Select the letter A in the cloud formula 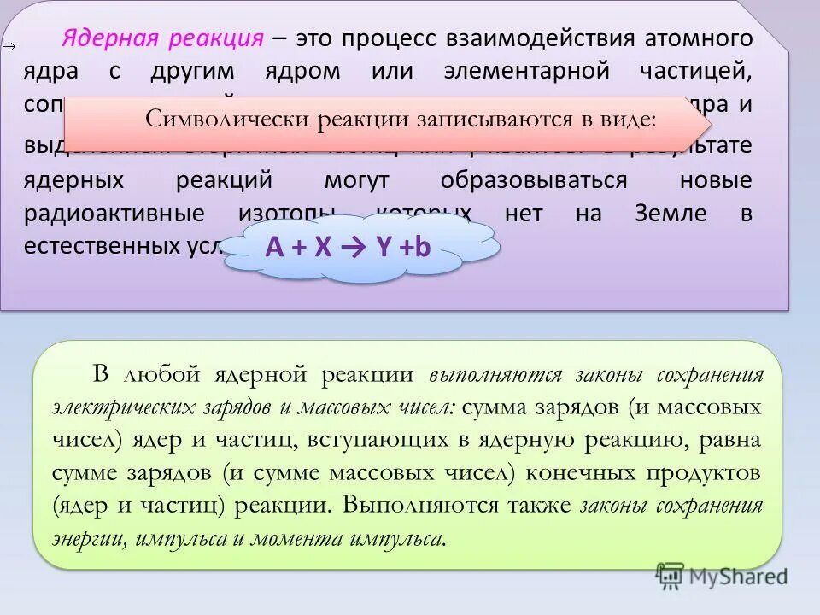tap(273, 247)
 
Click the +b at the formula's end tap(415, 247)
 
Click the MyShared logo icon tap(671, 577)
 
